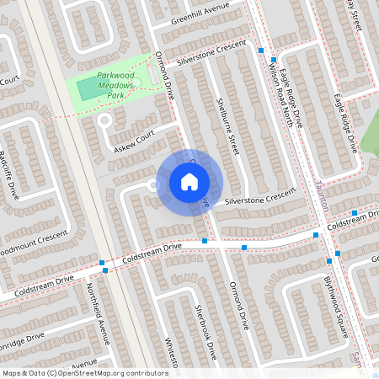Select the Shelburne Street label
coord(227,122)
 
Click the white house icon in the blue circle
coord(189,182)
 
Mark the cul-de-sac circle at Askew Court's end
coord(105,120)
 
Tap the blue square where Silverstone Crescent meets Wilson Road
coord(261,51)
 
